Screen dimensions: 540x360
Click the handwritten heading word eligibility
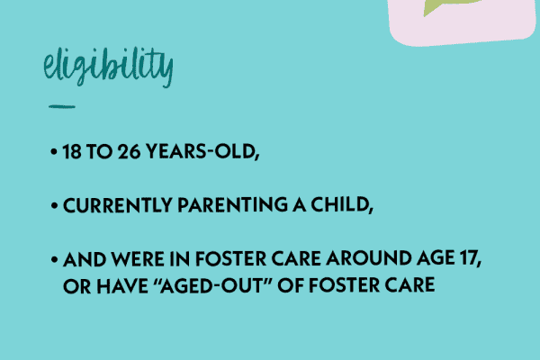(x=108, y=67)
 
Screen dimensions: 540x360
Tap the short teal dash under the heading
(x=62, y=107)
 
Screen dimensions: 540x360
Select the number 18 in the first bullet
(x=72, y=151)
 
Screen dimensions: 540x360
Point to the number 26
(x=129, y=151)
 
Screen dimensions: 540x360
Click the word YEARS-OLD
(x=202, y=152)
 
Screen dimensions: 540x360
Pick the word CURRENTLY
(x=117, y=205)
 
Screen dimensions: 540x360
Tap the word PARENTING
(x=232, y=205)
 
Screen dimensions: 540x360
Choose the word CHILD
(x=342, y=205)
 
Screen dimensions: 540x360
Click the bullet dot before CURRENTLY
(x=54, y=206)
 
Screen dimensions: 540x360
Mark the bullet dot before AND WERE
(x=54, y=259)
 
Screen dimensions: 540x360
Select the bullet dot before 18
(x=54, y=151)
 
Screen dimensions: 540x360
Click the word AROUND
(x=369, y=258)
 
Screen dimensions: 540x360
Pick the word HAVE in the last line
(x=122, y=286)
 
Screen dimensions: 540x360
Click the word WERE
(x=138, y=259)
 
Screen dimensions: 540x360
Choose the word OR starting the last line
(x=76, y=286)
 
